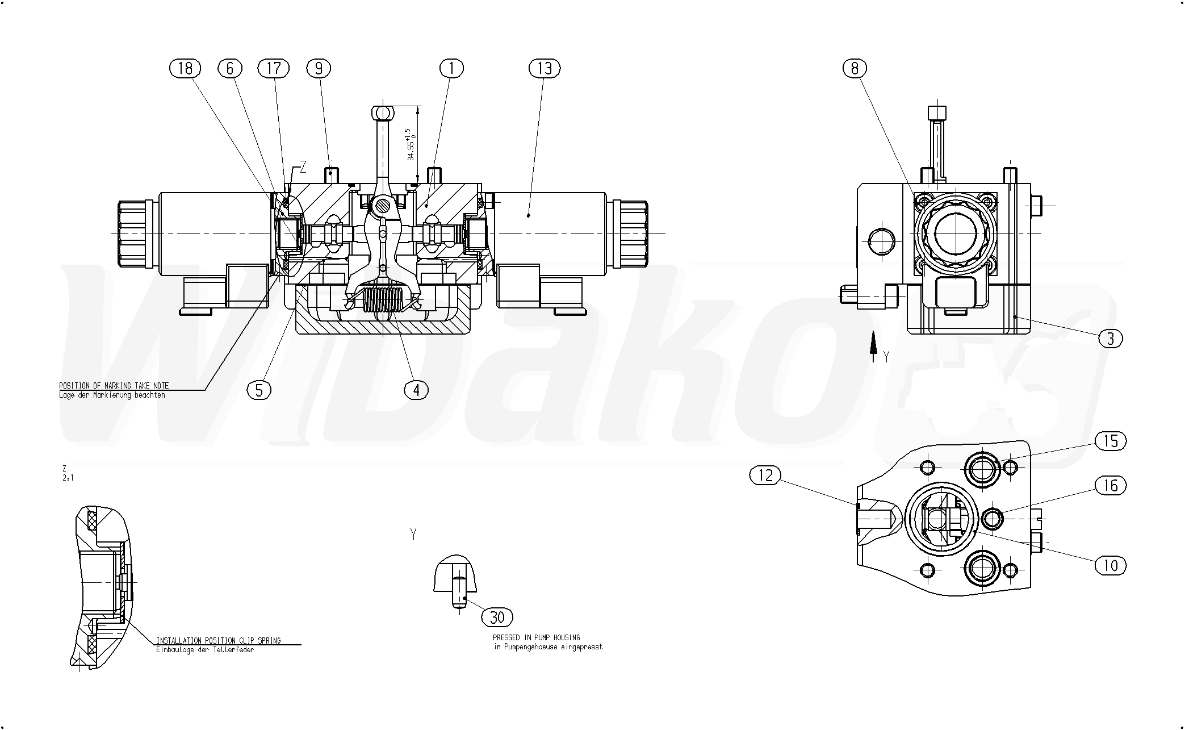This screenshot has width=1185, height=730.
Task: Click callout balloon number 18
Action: tap(185, 69)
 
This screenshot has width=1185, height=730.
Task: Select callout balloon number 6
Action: tap(230, 69)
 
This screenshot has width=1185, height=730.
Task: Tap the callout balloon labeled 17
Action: tap(274, 69)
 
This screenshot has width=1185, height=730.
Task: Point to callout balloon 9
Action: tap(319, 69)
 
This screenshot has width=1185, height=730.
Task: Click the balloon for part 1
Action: tap(451, 69)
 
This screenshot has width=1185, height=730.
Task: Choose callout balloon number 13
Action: tap(545, 69)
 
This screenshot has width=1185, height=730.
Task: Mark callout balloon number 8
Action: tap(855, 69)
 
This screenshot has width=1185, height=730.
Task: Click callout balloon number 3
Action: tap(1111, 339)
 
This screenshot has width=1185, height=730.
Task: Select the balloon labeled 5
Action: tap(259, 390)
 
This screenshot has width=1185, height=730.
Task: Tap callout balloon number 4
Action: tap(416, 390)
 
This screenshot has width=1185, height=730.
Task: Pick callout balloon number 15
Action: tap(1111, 441)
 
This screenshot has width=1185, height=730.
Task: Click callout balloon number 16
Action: tap(1111, 485)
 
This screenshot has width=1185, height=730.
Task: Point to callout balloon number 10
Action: tap(1111, 565)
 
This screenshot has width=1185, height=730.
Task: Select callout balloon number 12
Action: tap(765, 475)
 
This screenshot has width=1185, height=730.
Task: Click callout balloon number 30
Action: tap(497, 617)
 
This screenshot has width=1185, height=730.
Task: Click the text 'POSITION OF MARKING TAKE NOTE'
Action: tap(114, 386)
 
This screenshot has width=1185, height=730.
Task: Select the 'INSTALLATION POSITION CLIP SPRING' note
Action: tap(219, 641)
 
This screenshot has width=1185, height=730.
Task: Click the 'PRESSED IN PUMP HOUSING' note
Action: tap(537, 638)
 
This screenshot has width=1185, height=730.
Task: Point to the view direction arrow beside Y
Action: tap(874, 347)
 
